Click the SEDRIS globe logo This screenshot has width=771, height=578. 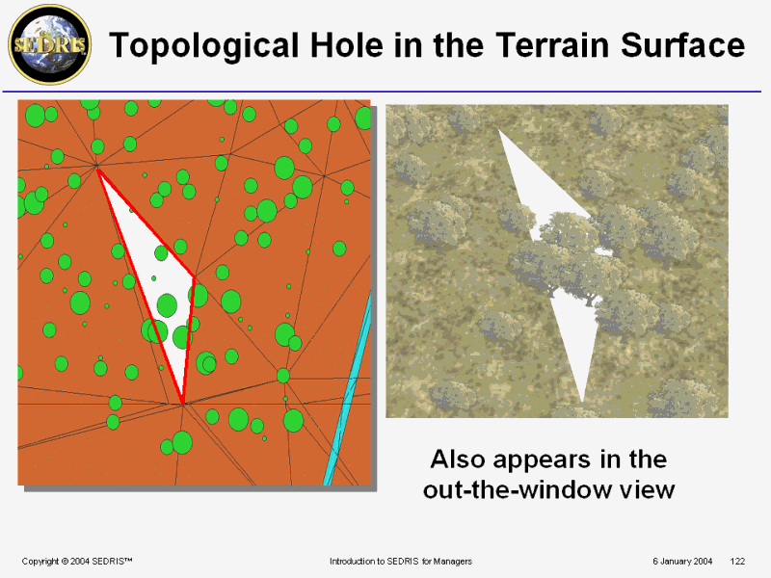pyautogui.click(x=50, y=44)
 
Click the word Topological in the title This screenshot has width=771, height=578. pyautogui.click(x=204, y=45)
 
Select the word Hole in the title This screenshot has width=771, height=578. pyautogui.click(x=347, y=44)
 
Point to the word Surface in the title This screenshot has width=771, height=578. pyautogui.click(x=683, y=44)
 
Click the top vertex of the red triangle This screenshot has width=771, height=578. pyautogui.click(x=98, y=170)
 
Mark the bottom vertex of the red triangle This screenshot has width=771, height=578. pyautogui.click(x=183, y=403)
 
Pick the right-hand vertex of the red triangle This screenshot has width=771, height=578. pyautogui.click(x=195, y=278)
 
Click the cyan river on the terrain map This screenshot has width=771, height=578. pyautogui.click(x=348, y=388)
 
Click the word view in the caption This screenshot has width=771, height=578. pyautogui.click(x=647, y=490)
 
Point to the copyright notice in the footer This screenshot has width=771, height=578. pyautogui.click(x=77, y=562)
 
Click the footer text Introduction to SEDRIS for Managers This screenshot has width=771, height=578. pyautogui.click(x=401, y=562)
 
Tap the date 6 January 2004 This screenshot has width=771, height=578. pyautogui.click(x=682, y=562)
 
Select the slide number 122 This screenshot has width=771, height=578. pyautogui.click(x=737, y=562)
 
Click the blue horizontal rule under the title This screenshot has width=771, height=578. pyautogui.click(x=382, y=92)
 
